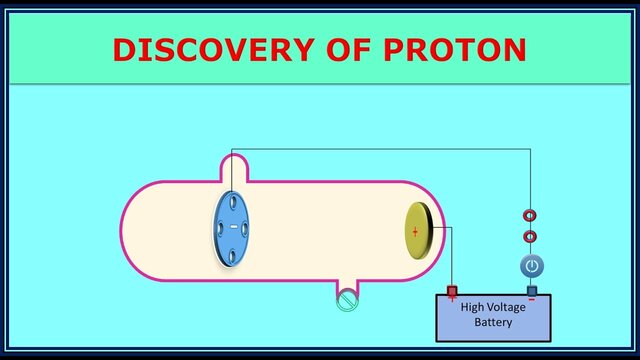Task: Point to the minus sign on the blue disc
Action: click(234, 228)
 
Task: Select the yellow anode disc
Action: click(418, 231)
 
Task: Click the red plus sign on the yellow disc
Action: click(415, 231)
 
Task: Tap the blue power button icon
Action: click(531, 266)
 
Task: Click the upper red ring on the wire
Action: click(530, 215)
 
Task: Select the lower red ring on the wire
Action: click(530, 237)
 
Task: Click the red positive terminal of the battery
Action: click(452, 292)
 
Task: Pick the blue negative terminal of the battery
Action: click(531, 292)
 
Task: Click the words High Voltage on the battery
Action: click(492, 308)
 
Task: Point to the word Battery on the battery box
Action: click(493, 323)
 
